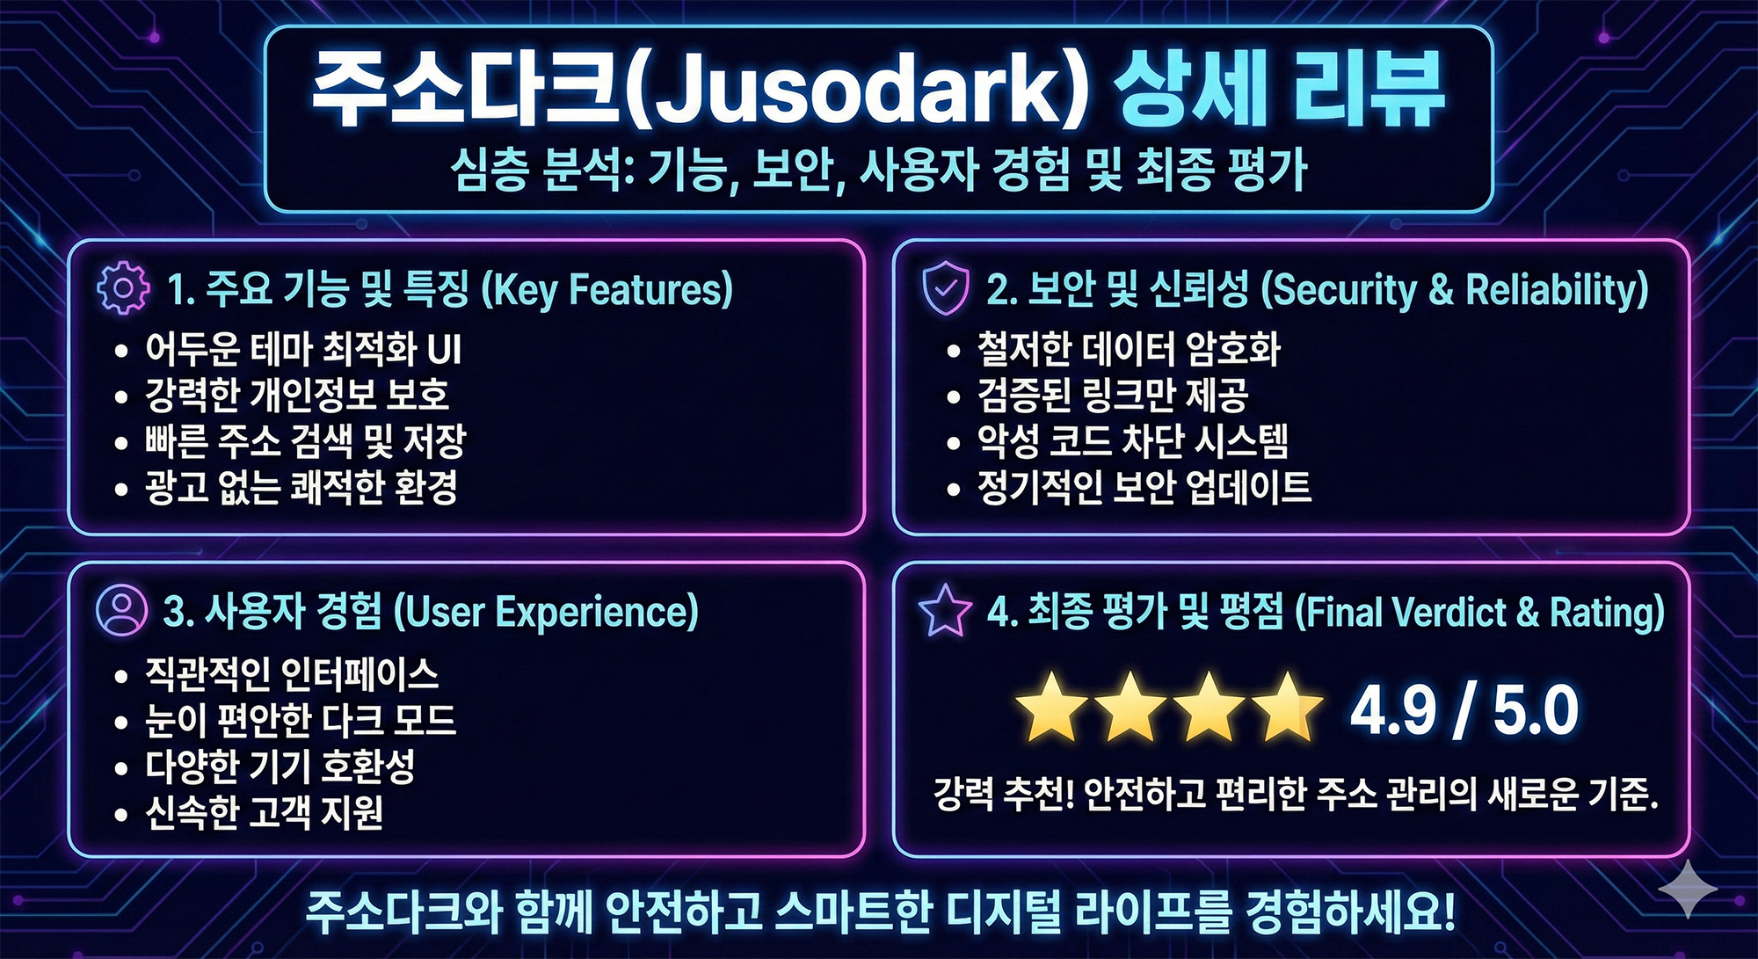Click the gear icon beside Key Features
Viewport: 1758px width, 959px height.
pyautogui.click(x=123, y=289)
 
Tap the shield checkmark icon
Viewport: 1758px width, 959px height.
pyautogui.click(x=945, y=289)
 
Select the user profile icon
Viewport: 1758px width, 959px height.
pyautogui.click(x=121, y=610)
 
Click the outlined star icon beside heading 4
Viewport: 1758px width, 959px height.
pyautogui.click(x=945, y=611)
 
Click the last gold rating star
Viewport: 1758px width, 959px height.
pyautogui.click(x=1288, y=707)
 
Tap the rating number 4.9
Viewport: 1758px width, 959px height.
pyautogui.click(x=1393, y=710)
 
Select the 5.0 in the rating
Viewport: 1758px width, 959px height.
pyautogui.click(x=1536, y=710)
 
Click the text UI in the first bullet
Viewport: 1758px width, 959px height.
pyautogui.click(x=444, y=349)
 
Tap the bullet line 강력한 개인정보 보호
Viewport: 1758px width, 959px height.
pyautogui.click(x=297, y=395)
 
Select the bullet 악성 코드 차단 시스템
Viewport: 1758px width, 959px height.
pyautogui.click(x=1133, y=440)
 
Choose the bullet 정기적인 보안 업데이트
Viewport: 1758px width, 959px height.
pyautogui.click(x=1144, y=487)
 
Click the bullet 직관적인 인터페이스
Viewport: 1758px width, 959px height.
pyautogui.click(x=292, y=674)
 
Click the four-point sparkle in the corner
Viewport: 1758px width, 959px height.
pyautogui.click(x=1688, y=890)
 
